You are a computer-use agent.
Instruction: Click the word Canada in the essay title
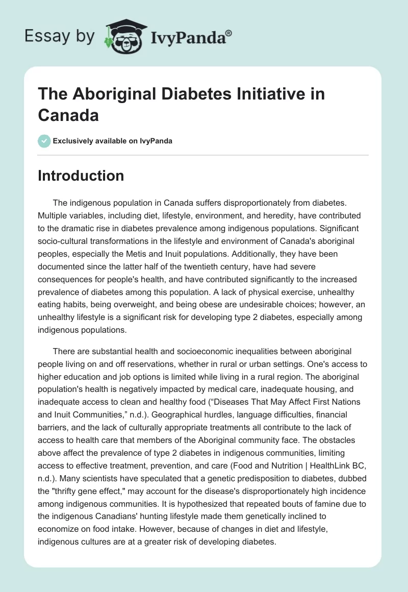pos(68,115)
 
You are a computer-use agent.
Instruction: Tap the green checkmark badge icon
pos(44,141)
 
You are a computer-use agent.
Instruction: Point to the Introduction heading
pos(81,176)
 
